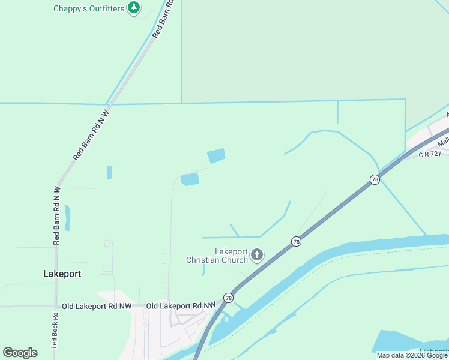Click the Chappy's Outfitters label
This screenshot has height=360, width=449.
click(x=89, y=8)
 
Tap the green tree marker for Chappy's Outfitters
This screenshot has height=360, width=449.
click(x=134, y=8)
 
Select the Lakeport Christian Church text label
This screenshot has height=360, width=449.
click(x=217, y=256)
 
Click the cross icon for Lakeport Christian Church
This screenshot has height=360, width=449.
click(x=257, y=256)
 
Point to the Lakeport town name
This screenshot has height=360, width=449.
click(x=62, y=274)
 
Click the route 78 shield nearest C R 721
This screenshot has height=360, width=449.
click(x=375, y=179)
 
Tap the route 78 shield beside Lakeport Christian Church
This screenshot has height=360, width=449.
click(x=296, y=241)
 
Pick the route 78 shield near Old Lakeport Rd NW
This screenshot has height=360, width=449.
click(x=228, y=298)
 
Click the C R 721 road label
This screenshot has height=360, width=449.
click(x=430, y=154)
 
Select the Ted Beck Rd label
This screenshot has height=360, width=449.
click(x=54, y=333)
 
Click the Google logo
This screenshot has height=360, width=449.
click(x=20, y=353)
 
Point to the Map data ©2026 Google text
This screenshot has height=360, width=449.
click(x=412, y=355)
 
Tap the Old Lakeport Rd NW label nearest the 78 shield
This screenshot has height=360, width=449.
click(x=181, y=306)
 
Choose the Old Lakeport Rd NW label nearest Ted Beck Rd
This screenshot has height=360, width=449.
click(x=96, y=306)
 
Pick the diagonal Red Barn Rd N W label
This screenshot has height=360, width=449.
click(x=91, y=134)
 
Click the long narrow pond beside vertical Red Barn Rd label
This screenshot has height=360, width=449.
click(x=67, y=218)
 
